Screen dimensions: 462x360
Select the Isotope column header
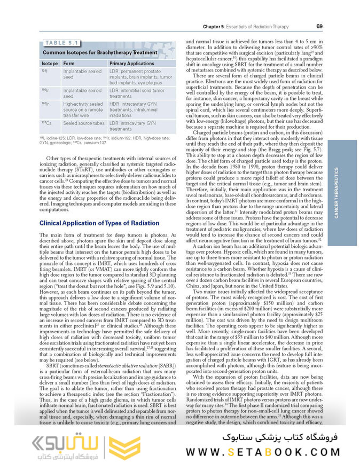tap(50, 63)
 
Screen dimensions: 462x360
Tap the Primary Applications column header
tap(131, 63)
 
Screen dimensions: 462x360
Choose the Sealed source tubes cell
tap(83, 123)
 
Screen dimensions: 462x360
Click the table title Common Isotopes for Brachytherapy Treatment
tap(100, 52)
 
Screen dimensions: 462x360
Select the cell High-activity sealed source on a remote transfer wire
tap(83, 110)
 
